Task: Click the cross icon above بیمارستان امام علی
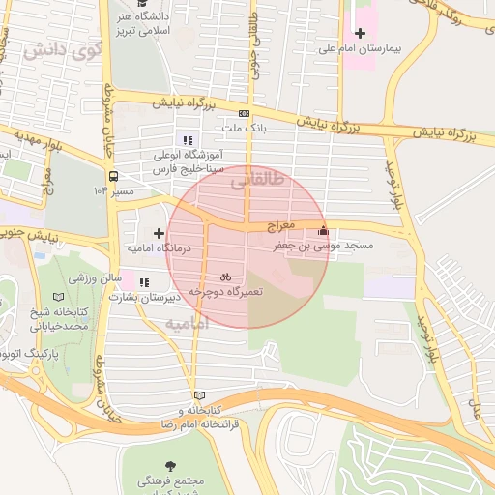tap(360, 34)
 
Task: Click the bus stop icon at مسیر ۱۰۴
tap(113, 177)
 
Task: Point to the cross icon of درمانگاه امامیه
tap(160, 233)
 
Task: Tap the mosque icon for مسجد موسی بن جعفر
tap(323, 231)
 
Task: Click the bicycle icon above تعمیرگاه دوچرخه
tap(224, 276)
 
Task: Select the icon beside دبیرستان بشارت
tap(144, 283)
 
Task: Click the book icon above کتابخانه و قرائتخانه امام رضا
tap(200, 394)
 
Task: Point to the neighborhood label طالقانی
tap(259, 178)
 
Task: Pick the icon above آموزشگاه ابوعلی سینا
tap(187, 140)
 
